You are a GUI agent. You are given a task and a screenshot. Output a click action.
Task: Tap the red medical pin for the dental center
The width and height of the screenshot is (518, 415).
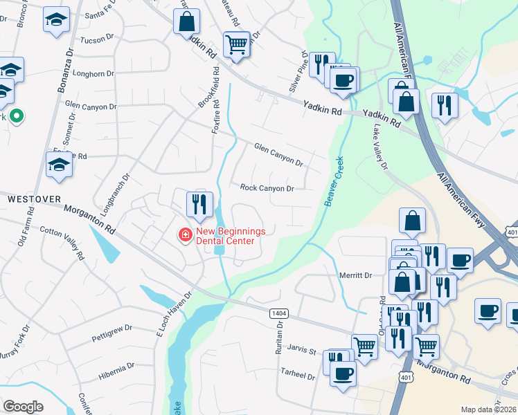185,236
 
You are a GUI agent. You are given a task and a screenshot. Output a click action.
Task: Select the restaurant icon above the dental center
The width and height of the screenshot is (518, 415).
198,203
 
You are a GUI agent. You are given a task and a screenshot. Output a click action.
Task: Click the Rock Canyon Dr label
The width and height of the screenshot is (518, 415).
267,188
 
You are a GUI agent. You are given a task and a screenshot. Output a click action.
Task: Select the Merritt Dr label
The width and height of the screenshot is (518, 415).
356,275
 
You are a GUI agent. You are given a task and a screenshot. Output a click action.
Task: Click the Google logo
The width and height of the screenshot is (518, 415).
23,407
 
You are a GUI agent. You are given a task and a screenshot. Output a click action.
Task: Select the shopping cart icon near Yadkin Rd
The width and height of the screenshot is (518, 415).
237,44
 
